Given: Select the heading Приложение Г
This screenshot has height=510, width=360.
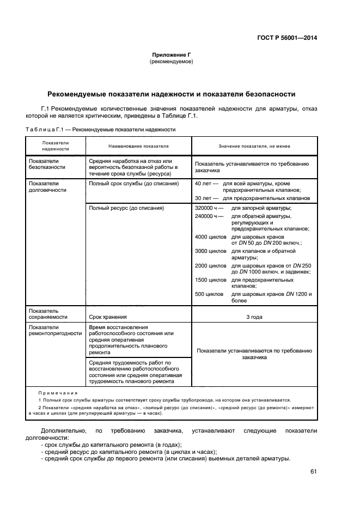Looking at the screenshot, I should pos(172,55).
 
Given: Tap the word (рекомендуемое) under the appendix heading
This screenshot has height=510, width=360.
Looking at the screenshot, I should pos(172,62).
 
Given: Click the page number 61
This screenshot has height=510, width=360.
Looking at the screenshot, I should pos(313,471).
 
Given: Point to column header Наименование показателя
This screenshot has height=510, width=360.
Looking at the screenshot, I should pos(138,146).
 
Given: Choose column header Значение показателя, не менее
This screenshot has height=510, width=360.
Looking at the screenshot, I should pos(254,146).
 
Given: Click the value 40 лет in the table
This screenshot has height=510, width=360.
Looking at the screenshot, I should pos(204,184).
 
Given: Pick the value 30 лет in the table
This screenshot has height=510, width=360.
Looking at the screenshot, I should pos(204,198).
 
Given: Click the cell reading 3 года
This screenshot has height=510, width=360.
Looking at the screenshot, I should pos(254,316).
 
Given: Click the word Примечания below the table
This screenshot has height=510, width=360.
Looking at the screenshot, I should pos(58,392).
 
